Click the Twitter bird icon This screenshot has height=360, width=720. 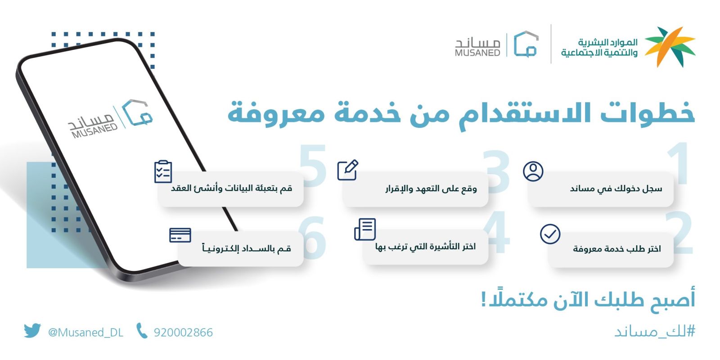click(x=32, y=331)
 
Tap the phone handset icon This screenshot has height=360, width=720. click(x=141, y=331)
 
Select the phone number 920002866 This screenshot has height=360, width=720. click(x=183, y=333)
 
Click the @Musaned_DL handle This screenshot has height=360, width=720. click(x=85, y=333)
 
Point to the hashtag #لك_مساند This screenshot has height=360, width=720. click(x=655, y=332)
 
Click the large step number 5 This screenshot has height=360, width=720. click(x=313, y=166)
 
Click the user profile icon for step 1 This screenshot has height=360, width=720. click(x=533, y=171)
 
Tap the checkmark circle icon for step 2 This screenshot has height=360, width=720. click(x=550, y=234)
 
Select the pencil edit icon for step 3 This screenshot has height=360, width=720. click(x=348, y=170)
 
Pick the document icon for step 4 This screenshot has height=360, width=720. click(x=365, y=229)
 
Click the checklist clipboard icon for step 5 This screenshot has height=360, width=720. click(x=163, y=171)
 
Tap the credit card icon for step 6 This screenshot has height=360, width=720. click(x=180, y=235)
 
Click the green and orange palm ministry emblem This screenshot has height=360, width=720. click(x=670, y=47)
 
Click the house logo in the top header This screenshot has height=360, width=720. click(x=526, y=44)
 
